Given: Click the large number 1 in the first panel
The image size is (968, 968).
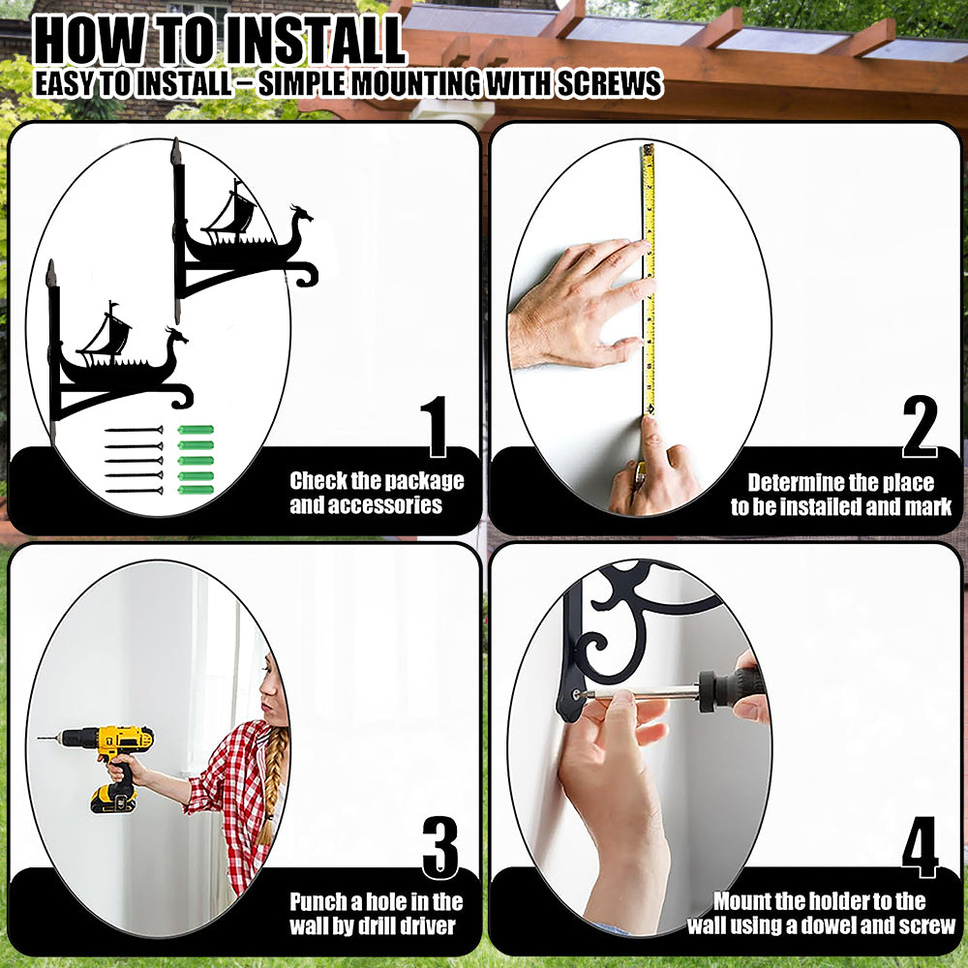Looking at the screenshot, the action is pyautogui.click(x=436, y=426).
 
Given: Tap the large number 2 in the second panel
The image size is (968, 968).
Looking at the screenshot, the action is pyautogui.click(x=920, y=426).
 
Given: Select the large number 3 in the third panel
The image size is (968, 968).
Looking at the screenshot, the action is pyautogui.click(x=440, y=847).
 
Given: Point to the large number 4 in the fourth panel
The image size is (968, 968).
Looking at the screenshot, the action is pyautogui.click(x=920, y=847).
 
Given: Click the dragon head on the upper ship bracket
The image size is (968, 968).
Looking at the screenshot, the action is pyautogui.click(x=301, y=216).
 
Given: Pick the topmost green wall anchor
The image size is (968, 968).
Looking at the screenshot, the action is pyautogui.click(x=196, y=430).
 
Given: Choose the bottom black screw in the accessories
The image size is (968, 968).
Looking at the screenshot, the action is pyautogui.click(x=134, y=491).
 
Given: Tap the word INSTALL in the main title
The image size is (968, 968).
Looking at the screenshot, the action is pyautogui.click(x=313, y=42).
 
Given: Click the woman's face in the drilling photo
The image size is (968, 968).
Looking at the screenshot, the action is pyautogui.click(x=272, y=685).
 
